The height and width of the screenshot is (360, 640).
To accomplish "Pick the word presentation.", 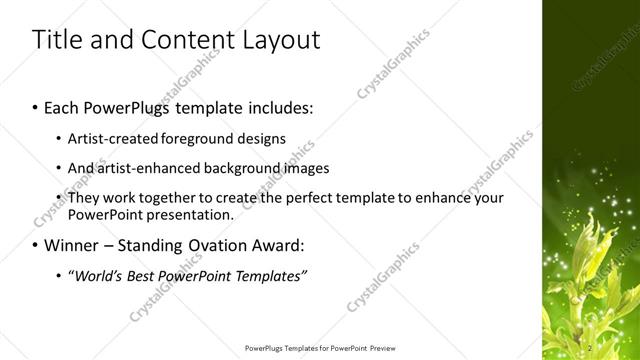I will pos(190,214).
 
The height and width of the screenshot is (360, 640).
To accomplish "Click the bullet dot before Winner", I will pos(37,245).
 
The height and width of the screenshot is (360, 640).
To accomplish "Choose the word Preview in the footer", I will pos(383,348).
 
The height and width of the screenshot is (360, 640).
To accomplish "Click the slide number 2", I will pos(592,348).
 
